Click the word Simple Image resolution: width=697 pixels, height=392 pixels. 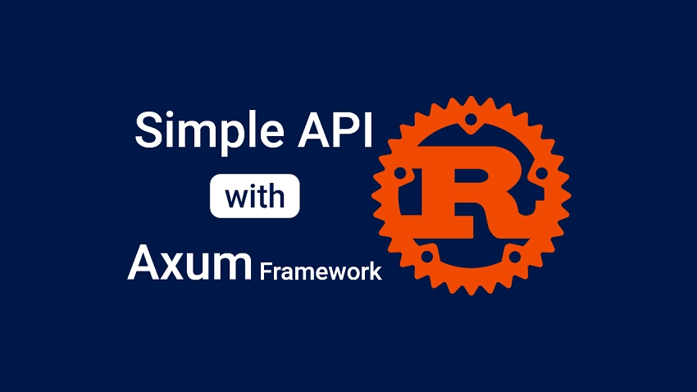pyautogui.click(x=200, y=132)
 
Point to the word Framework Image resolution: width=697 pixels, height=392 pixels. pyautogui.click(x=321, y=271)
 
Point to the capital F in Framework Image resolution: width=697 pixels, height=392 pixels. pyautogui.click(x=265, y=271)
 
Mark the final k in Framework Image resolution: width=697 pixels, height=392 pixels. pyautogui.click(x=376, y=271)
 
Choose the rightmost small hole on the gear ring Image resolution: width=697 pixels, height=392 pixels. pyautogui.click(x=540, y=173)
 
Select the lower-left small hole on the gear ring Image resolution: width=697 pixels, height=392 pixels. pyautogui.click(x=426, y=256)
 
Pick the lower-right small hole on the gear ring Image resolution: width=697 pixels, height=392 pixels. pyautogui.click(x=514, y=256)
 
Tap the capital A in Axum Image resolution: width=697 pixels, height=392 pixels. pyautogui.click(x=143, y=262)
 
